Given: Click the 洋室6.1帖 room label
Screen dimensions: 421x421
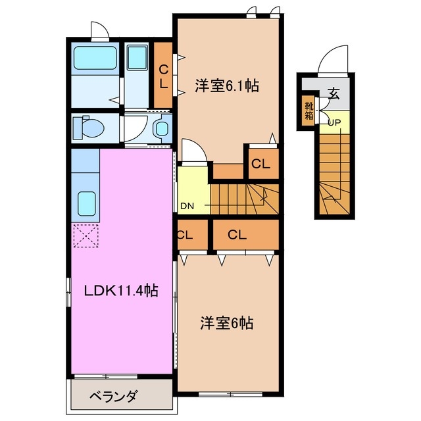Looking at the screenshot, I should pyautogui.click(x=226, y=85).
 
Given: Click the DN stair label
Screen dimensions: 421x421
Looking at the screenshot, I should pyautogui.click(x=187, y=206).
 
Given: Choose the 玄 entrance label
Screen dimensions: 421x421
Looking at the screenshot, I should pyautogui.click(x=334, y=93).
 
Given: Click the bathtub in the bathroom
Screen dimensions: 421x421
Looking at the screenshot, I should pyautogui.click(x=95, y=59).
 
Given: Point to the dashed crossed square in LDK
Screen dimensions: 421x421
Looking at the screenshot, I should pyautogui.click(x=85, y=235).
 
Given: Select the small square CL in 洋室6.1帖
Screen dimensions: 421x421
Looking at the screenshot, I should pyautogui.click(x=261, y=164).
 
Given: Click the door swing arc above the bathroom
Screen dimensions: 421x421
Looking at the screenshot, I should pyautogui.click(x=100, y=32).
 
